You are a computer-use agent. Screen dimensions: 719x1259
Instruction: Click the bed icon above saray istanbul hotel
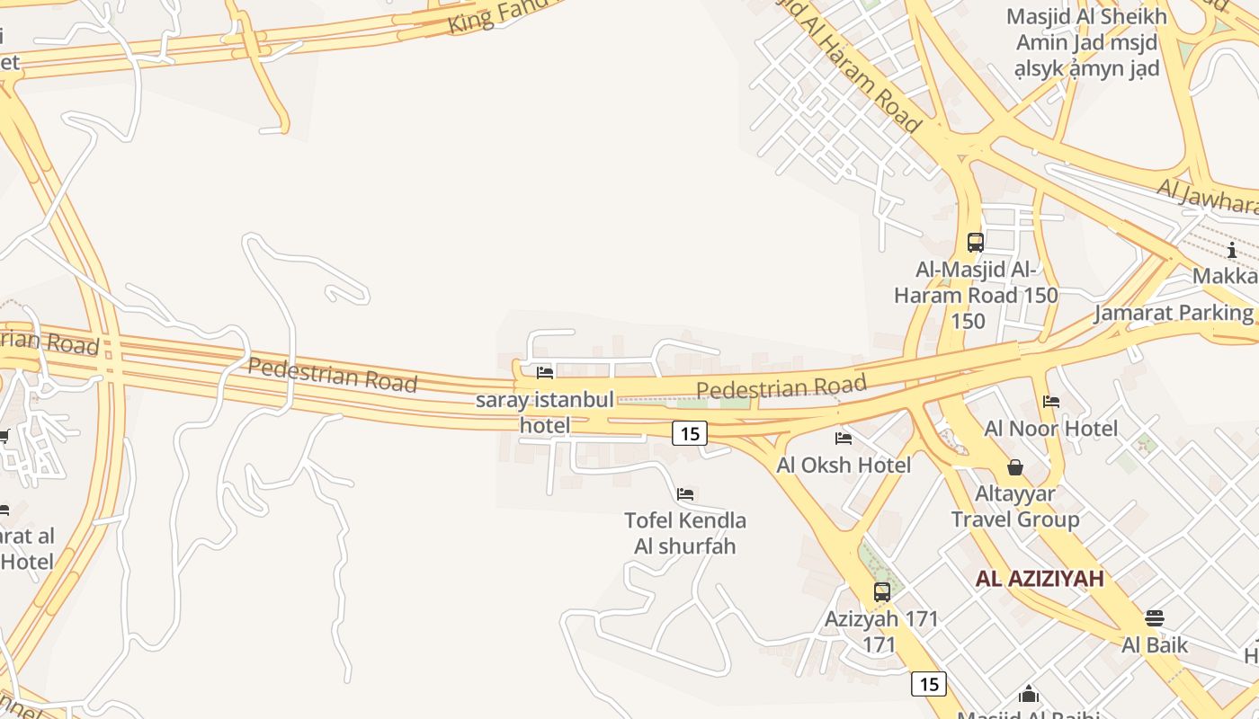coord(545,372)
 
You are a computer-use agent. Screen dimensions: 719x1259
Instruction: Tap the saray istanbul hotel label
coord(545,412)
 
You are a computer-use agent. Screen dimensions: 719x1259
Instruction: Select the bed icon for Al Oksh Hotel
coord(844,439)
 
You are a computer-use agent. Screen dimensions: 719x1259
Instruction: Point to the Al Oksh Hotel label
coord(844,465)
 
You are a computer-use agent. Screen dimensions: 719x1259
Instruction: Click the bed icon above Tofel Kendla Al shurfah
coord(685,494)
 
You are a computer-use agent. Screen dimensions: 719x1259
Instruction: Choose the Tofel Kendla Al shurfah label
coord(685,533)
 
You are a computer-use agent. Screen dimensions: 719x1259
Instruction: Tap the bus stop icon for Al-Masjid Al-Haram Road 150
coord(976,242)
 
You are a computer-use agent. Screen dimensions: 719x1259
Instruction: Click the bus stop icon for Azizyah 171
coord(882,592)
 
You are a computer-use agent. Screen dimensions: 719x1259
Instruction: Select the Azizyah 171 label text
coord(881,631)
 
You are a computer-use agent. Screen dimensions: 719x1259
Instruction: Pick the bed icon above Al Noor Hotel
coord(1051,402)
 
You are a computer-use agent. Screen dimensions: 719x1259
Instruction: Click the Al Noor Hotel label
coord(1051,429)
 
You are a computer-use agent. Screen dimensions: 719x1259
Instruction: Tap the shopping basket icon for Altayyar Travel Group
coord(1015,467)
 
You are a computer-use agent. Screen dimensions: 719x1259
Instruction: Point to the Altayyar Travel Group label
coord(1015,507)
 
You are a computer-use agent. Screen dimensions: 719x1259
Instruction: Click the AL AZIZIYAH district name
coord(1040,579)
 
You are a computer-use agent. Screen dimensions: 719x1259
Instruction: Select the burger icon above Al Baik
coord(1155,618)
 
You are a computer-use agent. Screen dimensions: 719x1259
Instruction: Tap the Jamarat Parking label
coord(1174,313)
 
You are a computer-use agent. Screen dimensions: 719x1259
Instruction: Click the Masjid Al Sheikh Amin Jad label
coord(1086,42)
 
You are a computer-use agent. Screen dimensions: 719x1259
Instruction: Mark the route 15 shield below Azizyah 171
coord(929,684)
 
